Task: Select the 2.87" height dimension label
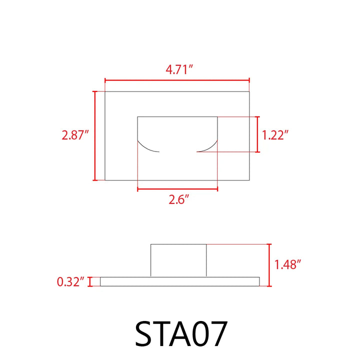click(75, 135)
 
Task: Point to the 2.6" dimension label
click(177, 200)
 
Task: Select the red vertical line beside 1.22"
click(257, 134)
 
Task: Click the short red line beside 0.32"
click(90, 282)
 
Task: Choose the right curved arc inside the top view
click(208, 147)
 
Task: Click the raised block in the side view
click(178, 259)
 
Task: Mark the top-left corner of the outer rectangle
click(105, 91)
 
